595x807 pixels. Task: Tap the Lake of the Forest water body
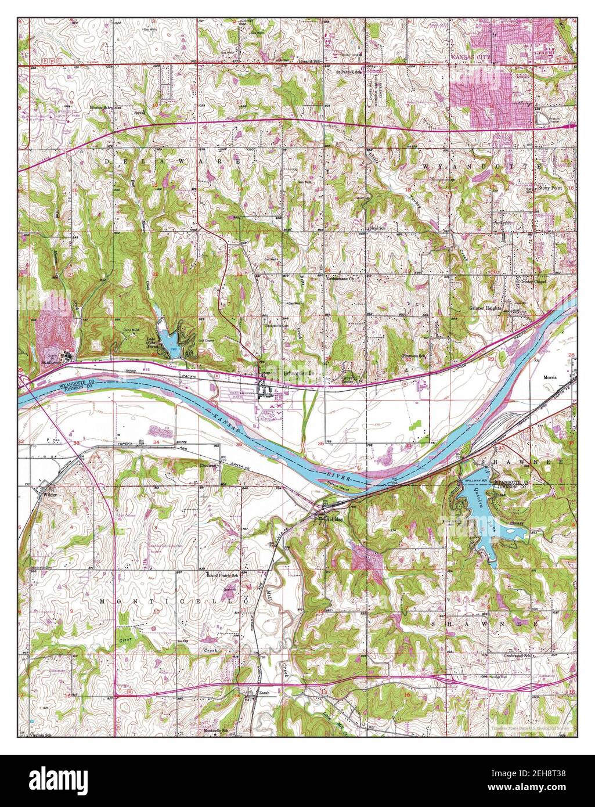(x=169, y=340)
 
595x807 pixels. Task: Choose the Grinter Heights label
(x=486, y=309)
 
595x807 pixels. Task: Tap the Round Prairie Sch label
(x=223, y=575)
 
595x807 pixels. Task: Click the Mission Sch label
(x=100, y=107)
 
